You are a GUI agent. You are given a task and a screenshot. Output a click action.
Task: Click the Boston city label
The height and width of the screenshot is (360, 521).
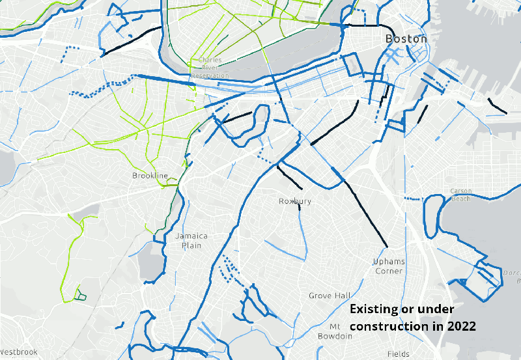pyautogui.click(x=406, y=39)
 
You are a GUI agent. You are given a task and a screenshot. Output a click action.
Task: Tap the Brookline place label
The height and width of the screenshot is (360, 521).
pyautogui.click(x=150, y=176)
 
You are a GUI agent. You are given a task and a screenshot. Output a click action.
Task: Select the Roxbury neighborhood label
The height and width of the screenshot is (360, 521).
pyautogui.click(x=295, y=201)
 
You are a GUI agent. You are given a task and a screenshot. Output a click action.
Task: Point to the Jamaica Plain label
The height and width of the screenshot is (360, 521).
pyautogui.click(x=191, y=240)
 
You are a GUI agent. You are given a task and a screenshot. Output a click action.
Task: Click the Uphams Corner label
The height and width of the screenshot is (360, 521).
pyautogui.click(x=389, y=266)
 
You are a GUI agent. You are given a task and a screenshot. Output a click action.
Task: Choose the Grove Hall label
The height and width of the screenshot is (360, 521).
pyautogui.click(x=330, y=296)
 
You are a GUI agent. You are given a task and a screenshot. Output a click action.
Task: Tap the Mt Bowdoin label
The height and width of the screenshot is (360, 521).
pyautogui.click(x=335, y=331)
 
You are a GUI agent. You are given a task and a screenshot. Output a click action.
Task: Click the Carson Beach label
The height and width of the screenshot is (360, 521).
pyautogui.click(x=461, y=195)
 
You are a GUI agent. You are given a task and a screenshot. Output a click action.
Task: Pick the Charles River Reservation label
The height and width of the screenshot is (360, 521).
pyautogui.click(x=210, y=68)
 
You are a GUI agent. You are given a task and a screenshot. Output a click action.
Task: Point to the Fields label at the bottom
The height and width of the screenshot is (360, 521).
pyautogui.click(x=398, y=354)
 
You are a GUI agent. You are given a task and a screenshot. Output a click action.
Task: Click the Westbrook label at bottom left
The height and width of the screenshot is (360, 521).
pyautogui.click(x=18, y=352)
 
